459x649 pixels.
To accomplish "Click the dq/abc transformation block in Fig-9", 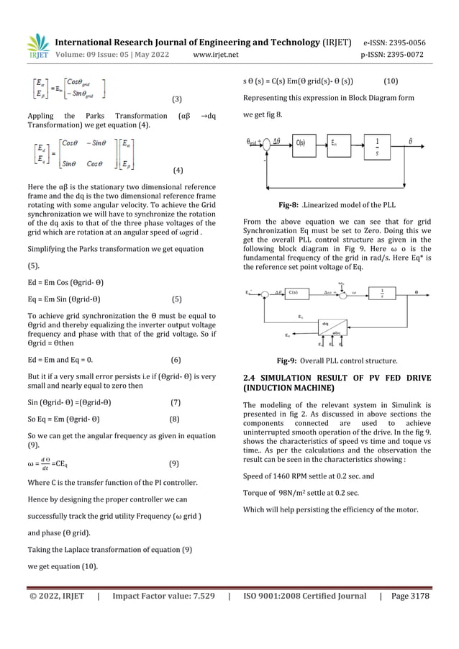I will point(331,327).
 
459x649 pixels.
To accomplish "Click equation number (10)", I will point(392,81).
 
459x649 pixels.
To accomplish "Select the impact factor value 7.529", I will point(195,596).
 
